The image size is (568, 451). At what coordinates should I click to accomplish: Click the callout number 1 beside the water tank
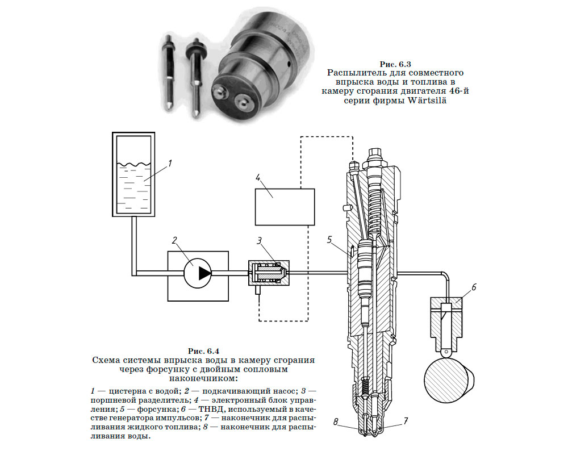tap(170, 164)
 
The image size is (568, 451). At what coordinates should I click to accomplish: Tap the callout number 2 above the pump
tap(176, 240)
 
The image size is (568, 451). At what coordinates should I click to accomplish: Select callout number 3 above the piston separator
tap(259, 240)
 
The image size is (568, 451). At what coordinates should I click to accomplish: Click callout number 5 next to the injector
tap(329, 240)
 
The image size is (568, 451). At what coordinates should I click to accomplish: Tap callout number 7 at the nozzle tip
tap(406, 421)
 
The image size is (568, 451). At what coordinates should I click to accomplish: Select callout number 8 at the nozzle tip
tap(336, 421)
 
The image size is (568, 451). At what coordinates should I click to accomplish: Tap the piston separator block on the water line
tap(268, 274)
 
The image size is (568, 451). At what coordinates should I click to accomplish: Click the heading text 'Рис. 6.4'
tap(203, 350)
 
